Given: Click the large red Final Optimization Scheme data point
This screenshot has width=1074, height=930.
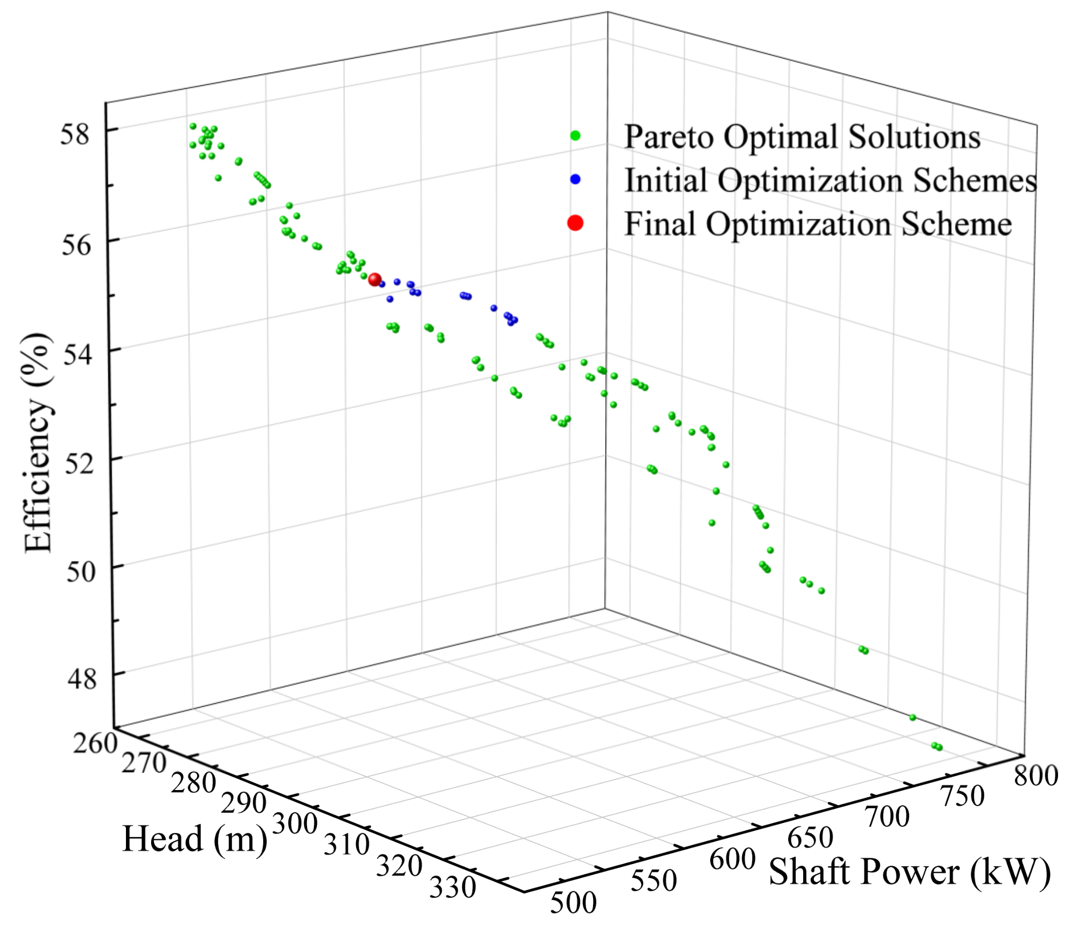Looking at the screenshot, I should click(x=375, y=280).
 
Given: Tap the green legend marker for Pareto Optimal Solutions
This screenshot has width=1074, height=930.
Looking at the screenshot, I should click(x=575, y=136).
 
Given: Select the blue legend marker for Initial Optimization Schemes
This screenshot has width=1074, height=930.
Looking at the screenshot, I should click(x=575, y=179).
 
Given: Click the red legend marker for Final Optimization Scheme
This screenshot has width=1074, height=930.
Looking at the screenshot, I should click(x=575, y=223).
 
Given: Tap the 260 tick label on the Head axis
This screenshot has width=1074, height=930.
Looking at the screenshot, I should click(x=95, y=743).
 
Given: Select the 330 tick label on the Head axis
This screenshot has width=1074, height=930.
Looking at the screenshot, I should click(x=452, y=888).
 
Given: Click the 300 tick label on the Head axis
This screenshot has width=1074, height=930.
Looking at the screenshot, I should click(x=295, y=824).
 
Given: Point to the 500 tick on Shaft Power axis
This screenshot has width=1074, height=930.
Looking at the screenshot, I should click(x=573, y=903).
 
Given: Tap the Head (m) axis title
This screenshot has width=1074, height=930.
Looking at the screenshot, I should click(x=195, y=839).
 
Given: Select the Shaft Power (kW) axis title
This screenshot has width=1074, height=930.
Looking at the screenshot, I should click(x=909, y=872).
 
